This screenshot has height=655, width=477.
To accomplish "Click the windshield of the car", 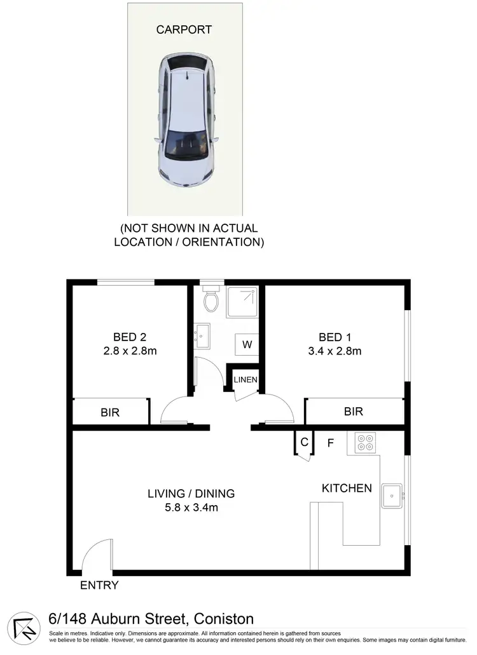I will click(186, 145).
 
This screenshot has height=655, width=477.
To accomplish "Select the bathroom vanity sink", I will click(202, 335).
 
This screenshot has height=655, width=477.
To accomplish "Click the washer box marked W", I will click(247, 346).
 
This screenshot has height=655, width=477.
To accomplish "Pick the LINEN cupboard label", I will click(245, 380).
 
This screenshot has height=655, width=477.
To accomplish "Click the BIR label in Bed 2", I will click(110, 412).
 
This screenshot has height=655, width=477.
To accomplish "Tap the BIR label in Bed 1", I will click(354, 412).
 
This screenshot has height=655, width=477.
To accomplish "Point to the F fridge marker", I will click(331, 442).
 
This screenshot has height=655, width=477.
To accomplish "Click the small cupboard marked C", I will click(304, 442).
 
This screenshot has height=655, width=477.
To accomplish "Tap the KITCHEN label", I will click(347, 488).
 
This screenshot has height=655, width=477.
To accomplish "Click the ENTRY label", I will click(99, 585).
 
